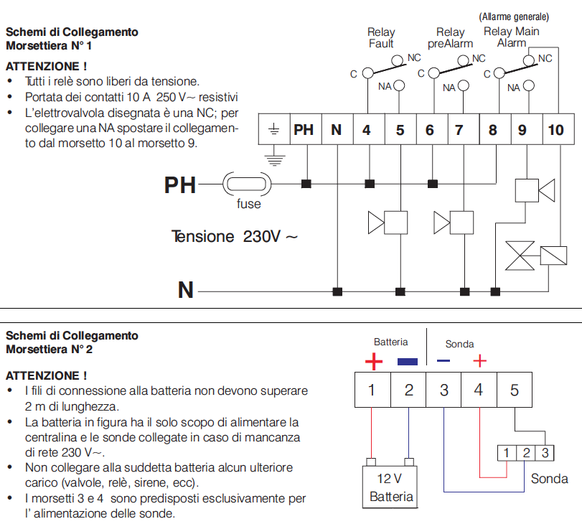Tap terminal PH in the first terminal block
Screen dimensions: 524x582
coord(304,130)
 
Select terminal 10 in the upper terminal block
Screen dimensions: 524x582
coord(556,130)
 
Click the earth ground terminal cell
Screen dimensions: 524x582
coord(273,130)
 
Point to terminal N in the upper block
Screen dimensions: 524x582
coord(336,130)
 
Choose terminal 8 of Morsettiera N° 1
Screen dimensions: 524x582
coord(492,130)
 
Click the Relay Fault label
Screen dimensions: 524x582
coord(381,37)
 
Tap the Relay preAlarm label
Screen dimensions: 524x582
coord(451,37)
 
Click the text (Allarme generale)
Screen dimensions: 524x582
coord(515,16)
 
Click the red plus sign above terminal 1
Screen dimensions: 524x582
coord(374,361)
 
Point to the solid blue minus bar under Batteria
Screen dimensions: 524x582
coord(407,362)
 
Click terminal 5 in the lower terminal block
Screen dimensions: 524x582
coord(514,390)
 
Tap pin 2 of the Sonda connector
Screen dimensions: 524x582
coord(526,453)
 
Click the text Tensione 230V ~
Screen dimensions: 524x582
coord(234,236)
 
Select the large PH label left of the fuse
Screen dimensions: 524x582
coord(179,185)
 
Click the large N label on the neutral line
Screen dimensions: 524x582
coord(186,290)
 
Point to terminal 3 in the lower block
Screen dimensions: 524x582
coord(444,390)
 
